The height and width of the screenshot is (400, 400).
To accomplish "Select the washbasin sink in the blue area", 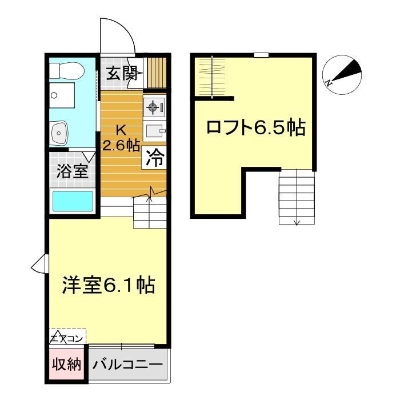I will (60, 133).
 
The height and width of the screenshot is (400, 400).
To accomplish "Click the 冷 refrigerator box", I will (155, 158).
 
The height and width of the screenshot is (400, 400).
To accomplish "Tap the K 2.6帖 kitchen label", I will (121, 137).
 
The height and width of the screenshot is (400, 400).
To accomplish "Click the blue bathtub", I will (73, 201).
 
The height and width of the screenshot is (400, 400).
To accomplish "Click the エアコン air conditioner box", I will (67, 337).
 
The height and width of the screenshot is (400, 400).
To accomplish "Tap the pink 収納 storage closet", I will (66, 364).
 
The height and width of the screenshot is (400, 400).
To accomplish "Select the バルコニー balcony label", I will (127, 364).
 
